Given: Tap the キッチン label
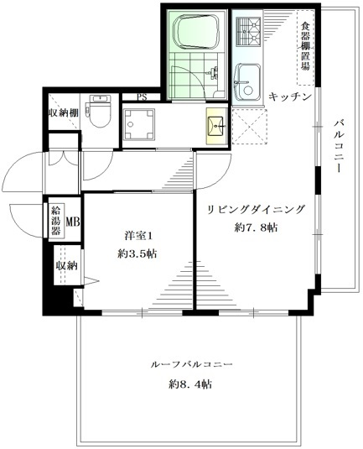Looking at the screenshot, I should click(291, 97).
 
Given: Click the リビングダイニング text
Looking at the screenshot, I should click(252, 210).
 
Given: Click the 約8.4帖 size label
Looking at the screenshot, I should click(189, 385).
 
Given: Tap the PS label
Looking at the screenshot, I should click(143, 97).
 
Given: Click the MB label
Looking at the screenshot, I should click(73, 222).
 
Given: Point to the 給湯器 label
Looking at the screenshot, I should click(57, 219).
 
